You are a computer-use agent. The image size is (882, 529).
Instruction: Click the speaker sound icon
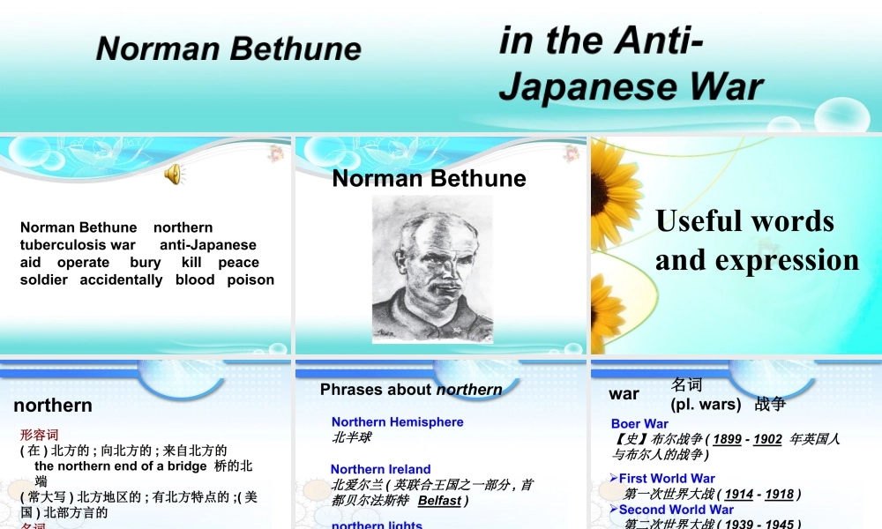pos(173,175)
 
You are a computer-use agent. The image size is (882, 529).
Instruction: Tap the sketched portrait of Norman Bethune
pos(431,269)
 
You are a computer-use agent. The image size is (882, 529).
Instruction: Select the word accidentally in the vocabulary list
pos(121,279)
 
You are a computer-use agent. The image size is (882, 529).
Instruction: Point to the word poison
pos(250,279)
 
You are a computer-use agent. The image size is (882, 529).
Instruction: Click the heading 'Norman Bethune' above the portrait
pos(429,178)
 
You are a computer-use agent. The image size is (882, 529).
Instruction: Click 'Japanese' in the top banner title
pos(579,86)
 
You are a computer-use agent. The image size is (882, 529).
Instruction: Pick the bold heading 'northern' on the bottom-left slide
pos(53,406)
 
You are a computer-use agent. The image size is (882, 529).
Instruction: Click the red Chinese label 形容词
pos(39,435)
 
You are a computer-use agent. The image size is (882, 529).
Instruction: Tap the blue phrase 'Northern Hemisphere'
pos(397,421)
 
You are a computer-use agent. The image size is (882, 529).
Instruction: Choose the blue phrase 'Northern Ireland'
pos(380,469)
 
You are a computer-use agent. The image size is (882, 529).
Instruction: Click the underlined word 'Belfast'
pos(439,501)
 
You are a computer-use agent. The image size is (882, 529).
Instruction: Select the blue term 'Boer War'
pos(639,423)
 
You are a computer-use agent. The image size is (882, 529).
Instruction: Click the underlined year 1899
pos(727,438)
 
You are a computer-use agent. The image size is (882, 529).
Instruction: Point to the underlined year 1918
pos(780,494)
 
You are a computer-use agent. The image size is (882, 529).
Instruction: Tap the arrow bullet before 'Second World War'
pos(614,509)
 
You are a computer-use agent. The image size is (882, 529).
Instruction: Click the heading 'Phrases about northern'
pos(411,390)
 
